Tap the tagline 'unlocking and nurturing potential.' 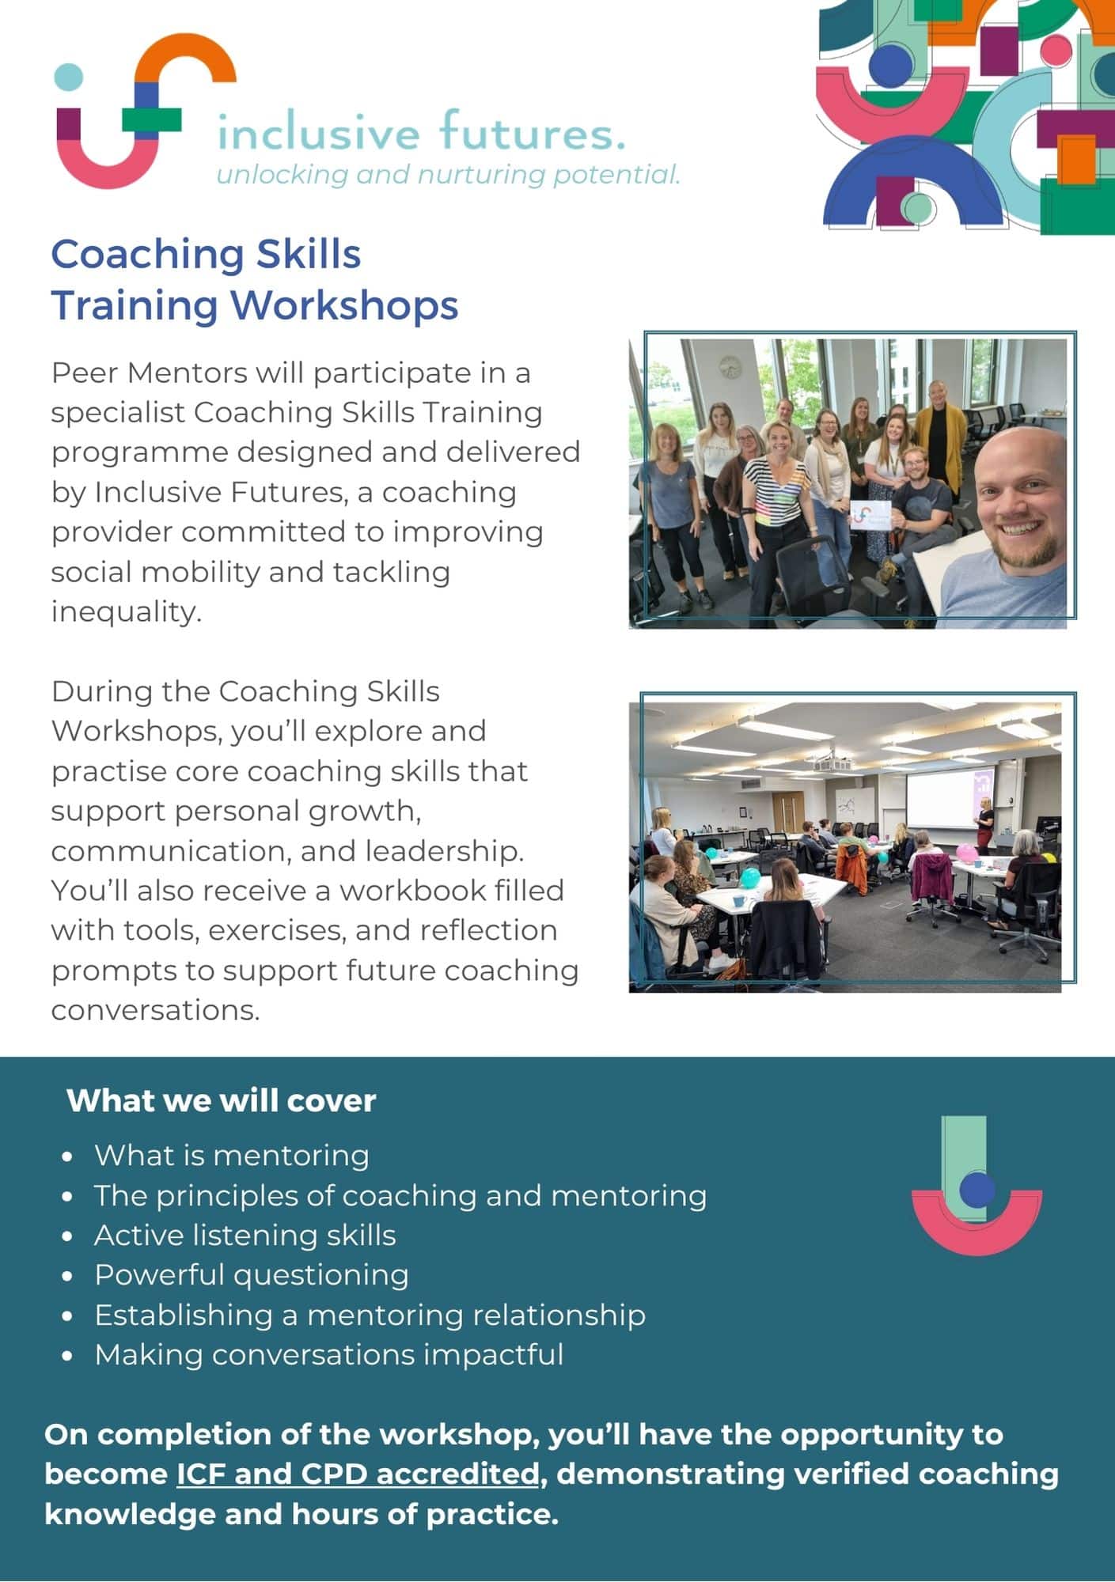pos(449,175)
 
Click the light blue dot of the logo pos(69,77)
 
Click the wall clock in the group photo pos(730,366)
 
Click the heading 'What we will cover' pos(222,1100)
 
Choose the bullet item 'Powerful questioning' pos(252,1274)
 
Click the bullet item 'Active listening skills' pos(245,1235)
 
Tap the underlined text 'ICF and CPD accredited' pos(358,1474)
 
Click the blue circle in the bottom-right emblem pos(977,1189)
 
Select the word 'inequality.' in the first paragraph pos(127,612)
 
